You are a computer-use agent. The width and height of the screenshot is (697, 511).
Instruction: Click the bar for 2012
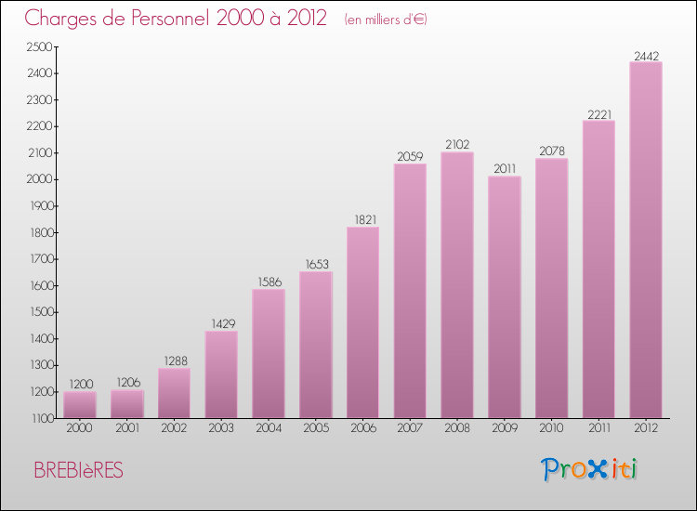click(645, 240)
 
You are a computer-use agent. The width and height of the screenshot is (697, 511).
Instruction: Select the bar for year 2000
click(79, 404)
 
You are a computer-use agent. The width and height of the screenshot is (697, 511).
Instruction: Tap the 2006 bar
click(362, 322)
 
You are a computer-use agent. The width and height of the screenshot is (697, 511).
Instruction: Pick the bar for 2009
click(504, 297)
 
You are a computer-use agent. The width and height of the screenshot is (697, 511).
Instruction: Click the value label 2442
click(646, 57)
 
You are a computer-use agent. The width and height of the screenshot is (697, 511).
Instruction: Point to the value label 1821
click(362, 220)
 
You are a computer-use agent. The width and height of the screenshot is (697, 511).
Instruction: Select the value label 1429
click(221, 324)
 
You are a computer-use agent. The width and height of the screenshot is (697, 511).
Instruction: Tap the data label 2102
click(457, 145)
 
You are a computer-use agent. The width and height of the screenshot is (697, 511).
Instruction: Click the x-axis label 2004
click(268, 429)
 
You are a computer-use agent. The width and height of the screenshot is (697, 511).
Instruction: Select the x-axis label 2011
click(598, 429)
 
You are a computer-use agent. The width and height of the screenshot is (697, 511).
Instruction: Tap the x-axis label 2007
click(410, 429)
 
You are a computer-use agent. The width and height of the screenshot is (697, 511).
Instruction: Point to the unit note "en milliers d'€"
click(385, 20)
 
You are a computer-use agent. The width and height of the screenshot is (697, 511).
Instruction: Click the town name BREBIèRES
click(78, 470)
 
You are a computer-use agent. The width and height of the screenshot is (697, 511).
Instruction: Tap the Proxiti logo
click(589, 469)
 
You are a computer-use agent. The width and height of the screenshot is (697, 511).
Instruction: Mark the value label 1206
click(126, 383)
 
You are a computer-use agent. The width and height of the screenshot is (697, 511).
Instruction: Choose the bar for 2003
click(221, 374)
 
